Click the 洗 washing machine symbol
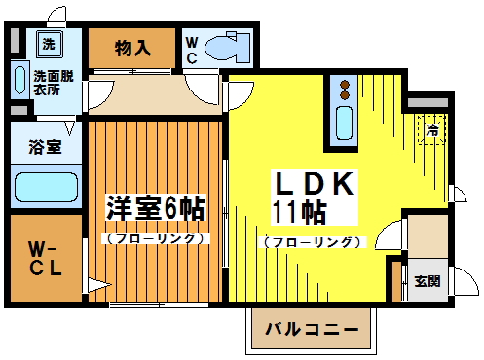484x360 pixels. pos(48,43)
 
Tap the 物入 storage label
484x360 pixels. pos(133,47)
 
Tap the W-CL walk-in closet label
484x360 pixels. pos(45,258)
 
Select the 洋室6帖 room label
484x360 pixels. pos(155,206)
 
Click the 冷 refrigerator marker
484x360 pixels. pos(429,128)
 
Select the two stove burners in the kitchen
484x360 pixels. pos(344,90)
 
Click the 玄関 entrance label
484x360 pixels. pos(427,281)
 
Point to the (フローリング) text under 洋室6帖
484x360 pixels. pos(155,237)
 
